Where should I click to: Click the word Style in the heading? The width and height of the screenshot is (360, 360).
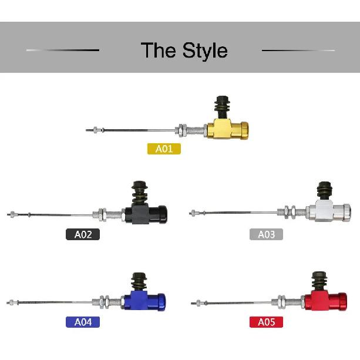pyautogui.click(x=205, y=51)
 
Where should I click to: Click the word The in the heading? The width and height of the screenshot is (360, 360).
pyautogui.click(x=159, y=50)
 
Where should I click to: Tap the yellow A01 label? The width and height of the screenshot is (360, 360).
pyautogui.click(x=164, y=149)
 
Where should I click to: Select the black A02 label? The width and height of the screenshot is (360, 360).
pyautogui.click(x=83, y=234)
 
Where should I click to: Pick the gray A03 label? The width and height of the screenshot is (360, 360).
pyautogui.click(x=266, y=234)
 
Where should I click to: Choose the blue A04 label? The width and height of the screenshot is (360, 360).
pyautogui.click(x=83, y=322)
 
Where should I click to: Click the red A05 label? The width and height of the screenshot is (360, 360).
pyautogui.click(x=266, y=322)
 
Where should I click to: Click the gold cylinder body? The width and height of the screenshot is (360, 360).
pyautogui.click(x=227, y=129)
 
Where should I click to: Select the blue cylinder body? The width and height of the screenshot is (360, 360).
pyautogui.click(x=144, y=301)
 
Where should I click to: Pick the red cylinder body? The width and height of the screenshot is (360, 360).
pyautogui.click(x=325, y=301)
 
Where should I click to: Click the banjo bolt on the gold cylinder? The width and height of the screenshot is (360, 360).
pyautogui.click(x=222, y=106)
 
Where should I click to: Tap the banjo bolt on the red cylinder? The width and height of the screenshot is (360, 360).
pyautogui.click(x=319, y=281)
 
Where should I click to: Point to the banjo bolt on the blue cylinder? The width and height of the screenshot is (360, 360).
pyautogui.click(x=139, y=282)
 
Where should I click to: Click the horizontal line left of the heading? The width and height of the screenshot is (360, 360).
pyautogui.click(x=63, y=50)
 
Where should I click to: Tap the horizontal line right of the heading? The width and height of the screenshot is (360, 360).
pyautogui.click(x=298, y=50)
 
